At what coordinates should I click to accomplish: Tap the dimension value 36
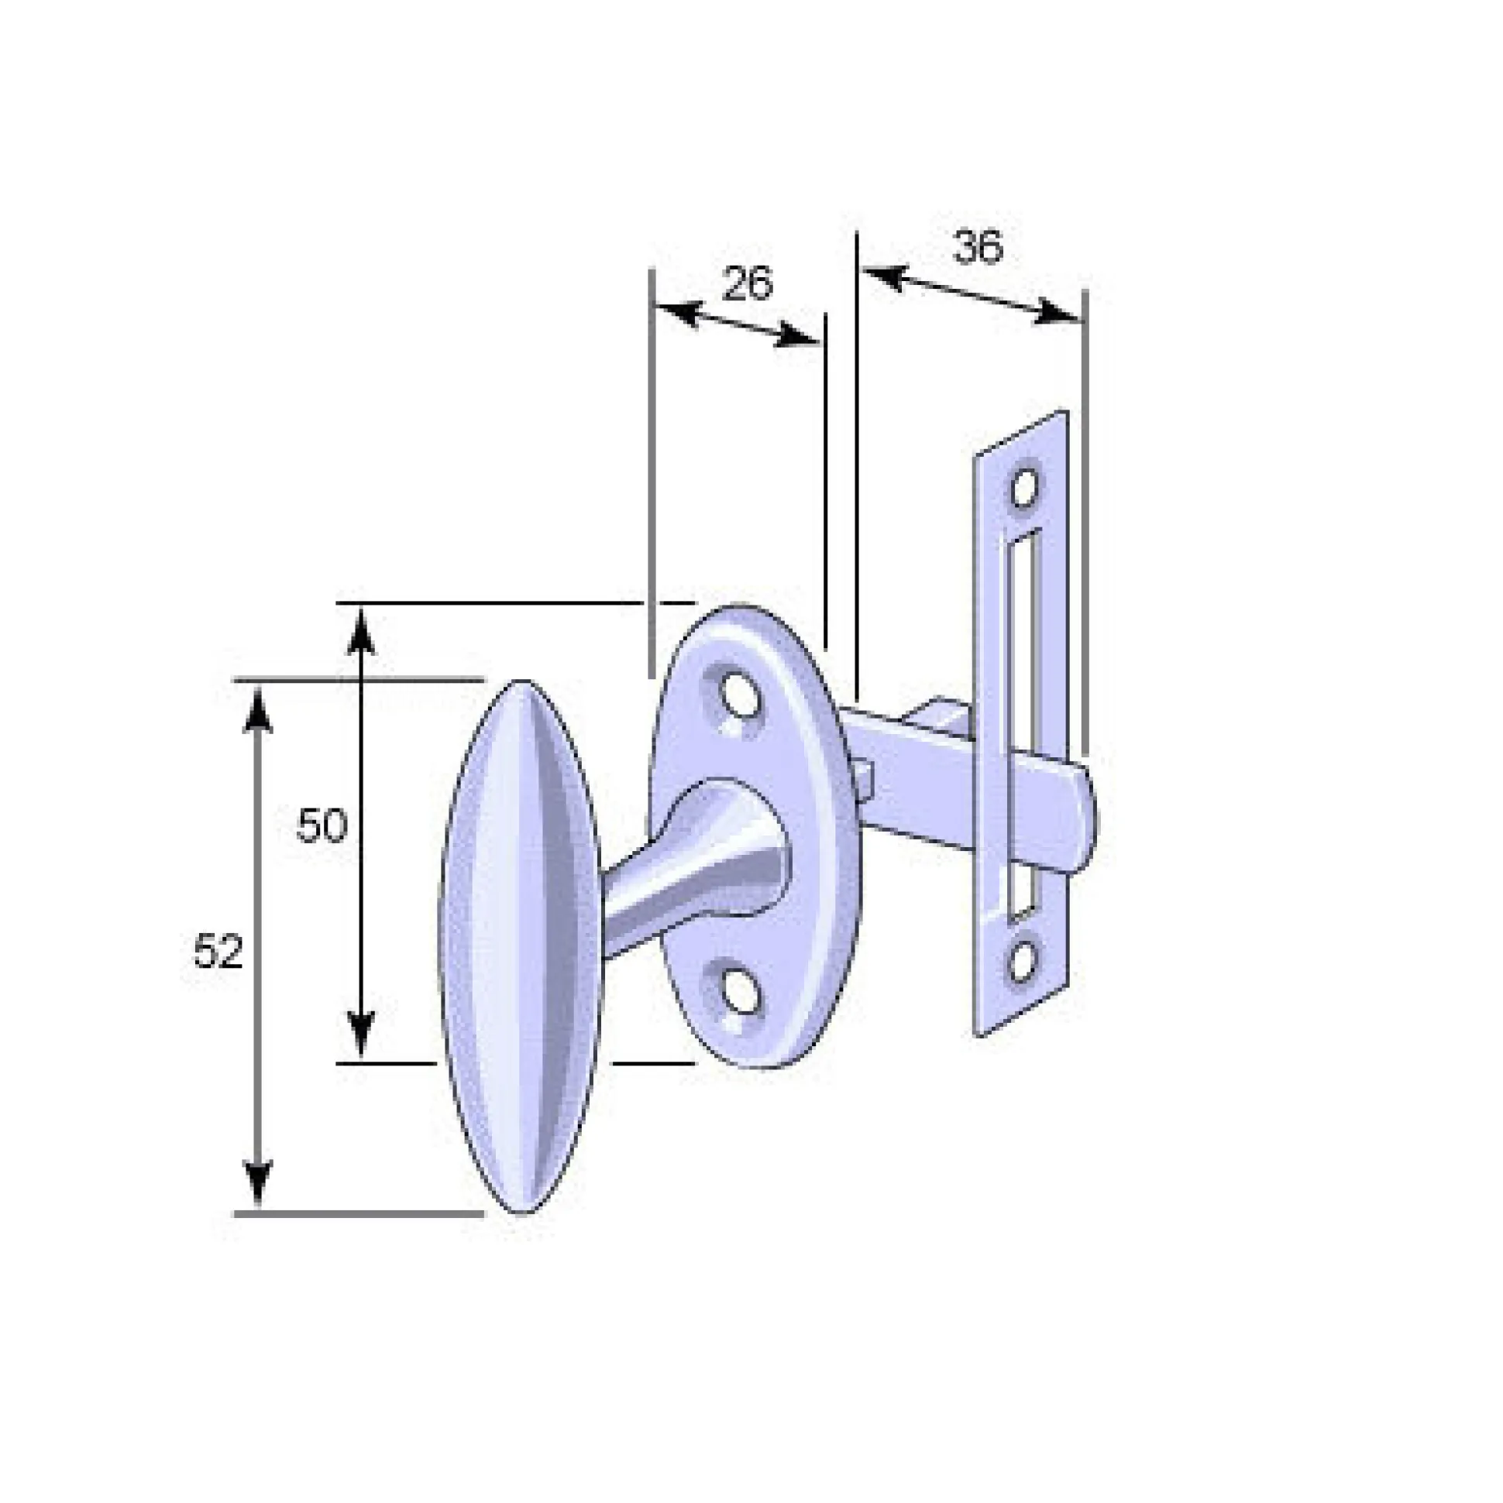978,248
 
